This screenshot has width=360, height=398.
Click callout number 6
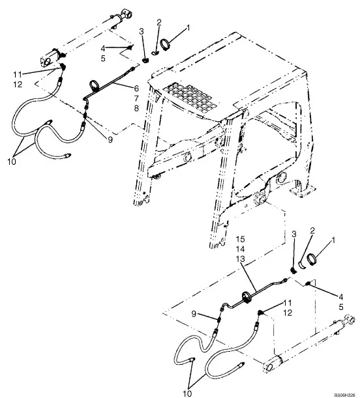136,89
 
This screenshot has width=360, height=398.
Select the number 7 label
136,98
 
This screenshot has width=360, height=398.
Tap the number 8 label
136,108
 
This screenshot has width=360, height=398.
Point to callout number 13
241,259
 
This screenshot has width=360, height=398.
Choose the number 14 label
241,249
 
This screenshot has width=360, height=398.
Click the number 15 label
241,239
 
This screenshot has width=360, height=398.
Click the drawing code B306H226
344,395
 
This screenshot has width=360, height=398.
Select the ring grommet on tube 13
247,297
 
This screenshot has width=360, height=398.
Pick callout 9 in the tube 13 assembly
194,314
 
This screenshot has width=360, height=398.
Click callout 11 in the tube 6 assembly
18,74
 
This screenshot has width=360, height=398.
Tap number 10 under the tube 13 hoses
187,393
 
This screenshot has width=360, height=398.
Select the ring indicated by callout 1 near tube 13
312,259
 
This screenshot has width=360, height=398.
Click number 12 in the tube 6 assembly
18,84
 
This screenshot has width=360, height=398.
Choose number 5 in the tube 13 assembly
341,307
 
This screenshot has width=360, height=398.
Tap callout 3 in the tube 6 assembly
142,31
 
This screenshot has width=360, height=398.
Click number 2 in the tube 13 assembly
312,231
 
